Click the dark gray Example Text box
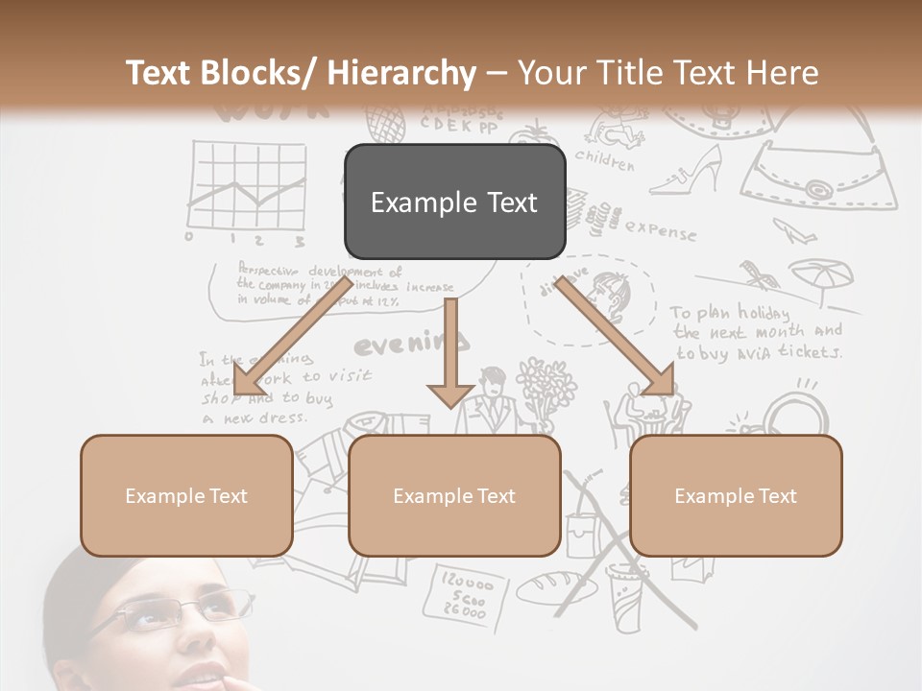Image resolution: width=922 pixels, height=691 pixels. click(x=454, y=202)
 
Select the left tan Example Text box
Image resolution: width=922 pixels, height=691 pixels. click(x=186, y=495)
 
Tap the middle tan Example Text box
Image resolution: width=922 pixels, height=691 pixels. click(x=454, y=495)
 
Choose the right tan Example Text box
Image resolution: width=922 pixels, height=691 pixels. click(x=736, y=495)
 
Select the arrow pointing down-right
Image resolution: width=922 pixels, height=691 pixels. click(x=616, y=337)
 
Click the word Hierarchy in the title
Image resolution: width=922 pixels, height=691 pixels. click(x=400, y=73)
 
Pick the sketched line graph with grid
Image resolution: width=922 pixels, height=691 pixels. click(x=248, y=187)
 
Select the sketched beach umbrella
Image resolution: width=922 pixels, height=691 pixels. click(x=822, y=277)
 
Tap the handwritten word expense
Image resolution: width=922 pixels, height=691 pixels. click(x=660, y=229)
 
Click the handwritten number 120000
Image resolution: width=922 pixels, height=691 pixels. click(x=465, y=582)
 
